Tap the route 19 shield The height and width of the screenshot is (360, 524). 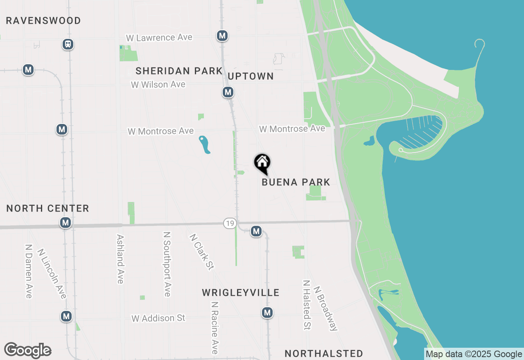[x=230, y=223]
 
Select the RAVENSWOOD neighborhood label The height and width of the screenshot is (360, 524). [x=43, y=20]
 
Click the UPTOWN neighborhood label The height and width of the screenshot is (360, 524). [x=251, y=76]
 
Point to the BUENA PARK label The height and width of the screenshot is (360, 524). [x=296, y=182]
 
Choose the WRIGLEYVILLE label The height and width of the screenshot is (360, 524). [x=241, y=292]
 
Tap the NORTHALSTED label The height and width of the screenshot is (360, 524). [x=324, y=353]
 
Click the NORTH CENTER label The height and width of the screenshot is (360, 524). [x=48, y=208]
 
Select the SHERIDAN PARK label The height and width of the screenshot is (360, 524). [x=179, y=71]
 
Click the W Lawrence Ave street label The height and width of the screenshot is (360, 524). [x=159, y=38]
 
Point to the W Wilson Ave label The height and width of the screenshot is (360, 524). [x=158, y=85]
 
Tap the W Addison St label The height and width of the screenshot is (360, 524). [x=158, y=318]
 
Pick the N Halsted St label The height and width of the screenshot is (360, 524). [x=306, y=305]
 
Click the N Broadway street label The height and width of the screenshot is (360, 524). [x=325, y=308]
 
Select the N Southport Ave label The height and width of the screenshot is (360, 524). [x=167, y=264]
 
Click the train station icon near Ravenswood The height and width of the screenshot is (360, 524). [x=68, y=44]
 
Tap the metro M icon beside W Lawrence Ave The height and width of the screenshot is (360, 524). [x=222, y=36]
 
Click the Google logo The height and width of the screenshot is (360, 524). [x=28, y=350]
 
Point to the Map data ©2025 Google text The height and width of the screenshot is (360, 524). [x=474, y=354]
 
